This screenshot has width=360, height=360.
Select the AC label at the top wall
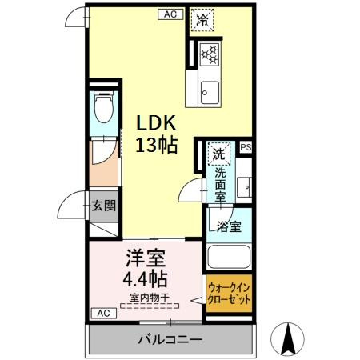(x=170, y=14)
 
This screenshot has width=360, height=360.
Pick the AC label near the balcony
(x=102, y=313)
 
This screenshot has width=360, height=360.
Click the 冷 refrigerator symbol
(x=202, y=20)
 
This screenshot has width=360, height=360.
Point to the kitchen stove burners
(x=210, y=54)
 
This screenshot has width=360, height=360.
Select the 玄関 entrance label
(x=102, y=206)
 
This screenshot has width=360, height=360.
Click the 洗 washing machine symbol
(x=218, y=150)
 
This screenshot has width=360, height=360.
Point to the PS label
(x=245, y=147)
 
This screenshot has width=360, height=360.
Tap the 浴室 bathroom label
(x=229, y=226)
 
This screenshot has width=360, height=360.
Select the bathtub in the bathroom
(x=230, y=258)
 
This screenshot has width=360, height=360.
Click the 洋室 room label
(x=145, y=260)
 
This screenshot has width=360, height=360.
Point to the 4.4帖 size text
(x=145, y=280)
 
